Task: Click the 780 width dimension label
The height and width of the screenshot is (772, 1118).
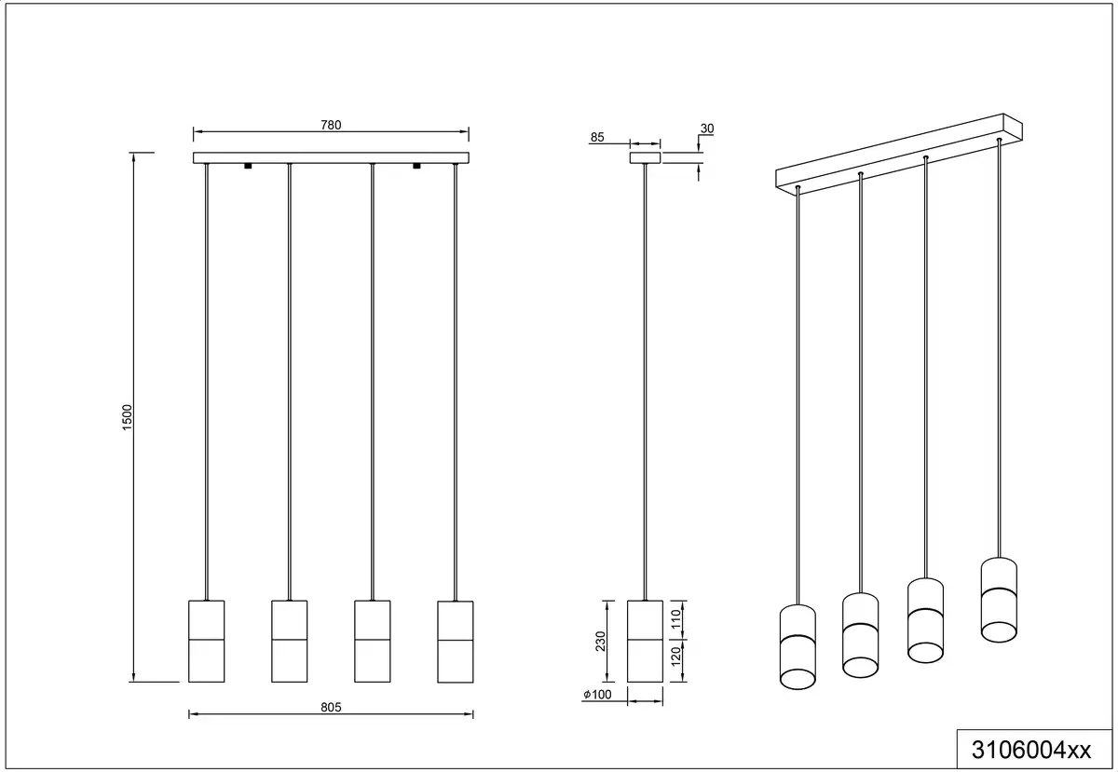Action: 331,125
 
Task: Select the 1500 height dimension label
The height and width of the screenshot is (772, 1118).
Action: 128,417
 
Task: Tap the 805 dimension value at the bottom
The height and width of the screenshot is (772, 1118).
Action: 331,707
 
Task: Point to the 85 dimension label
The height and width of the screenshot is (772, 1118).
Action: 597,137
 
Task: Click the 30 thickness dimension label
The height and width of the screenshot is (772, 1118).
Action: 707,129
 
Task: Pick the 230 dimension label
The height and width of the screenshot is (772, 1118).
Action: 600,642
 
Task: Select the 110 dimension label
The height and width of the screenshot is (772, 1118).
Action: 676,618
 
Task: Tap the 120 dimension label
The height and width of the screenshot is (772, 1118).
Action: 676,657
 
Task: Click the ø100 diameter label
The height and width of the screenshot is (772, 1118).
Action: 597,694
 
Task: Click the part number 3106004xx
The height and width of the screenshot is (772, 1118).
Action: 1031,750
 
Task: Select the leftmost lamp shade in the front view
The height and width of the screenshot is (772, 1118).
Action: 207,642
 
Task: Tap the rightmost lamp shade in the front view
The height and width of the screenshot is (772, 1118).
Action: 456,642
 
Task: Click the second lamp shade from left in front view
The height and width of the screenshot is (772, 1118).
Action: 290,642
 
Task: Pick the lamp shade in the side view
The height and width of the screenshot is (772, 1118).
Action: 645,642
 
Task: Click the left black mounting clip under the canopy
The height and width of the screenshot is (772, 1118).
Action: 248,166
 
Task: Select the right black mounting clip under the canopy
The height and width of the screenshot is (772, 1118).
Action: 416,166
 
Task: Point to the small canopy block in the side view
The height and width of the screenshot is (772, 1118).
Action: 645,157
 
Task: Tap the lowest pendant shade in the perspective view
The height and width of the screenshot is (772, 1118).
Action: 798,646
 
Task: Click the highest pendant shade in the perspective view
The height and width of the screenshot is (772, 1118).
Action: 999,600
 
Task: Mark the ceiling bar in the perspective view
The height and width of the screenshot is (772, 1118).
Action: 899,155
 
